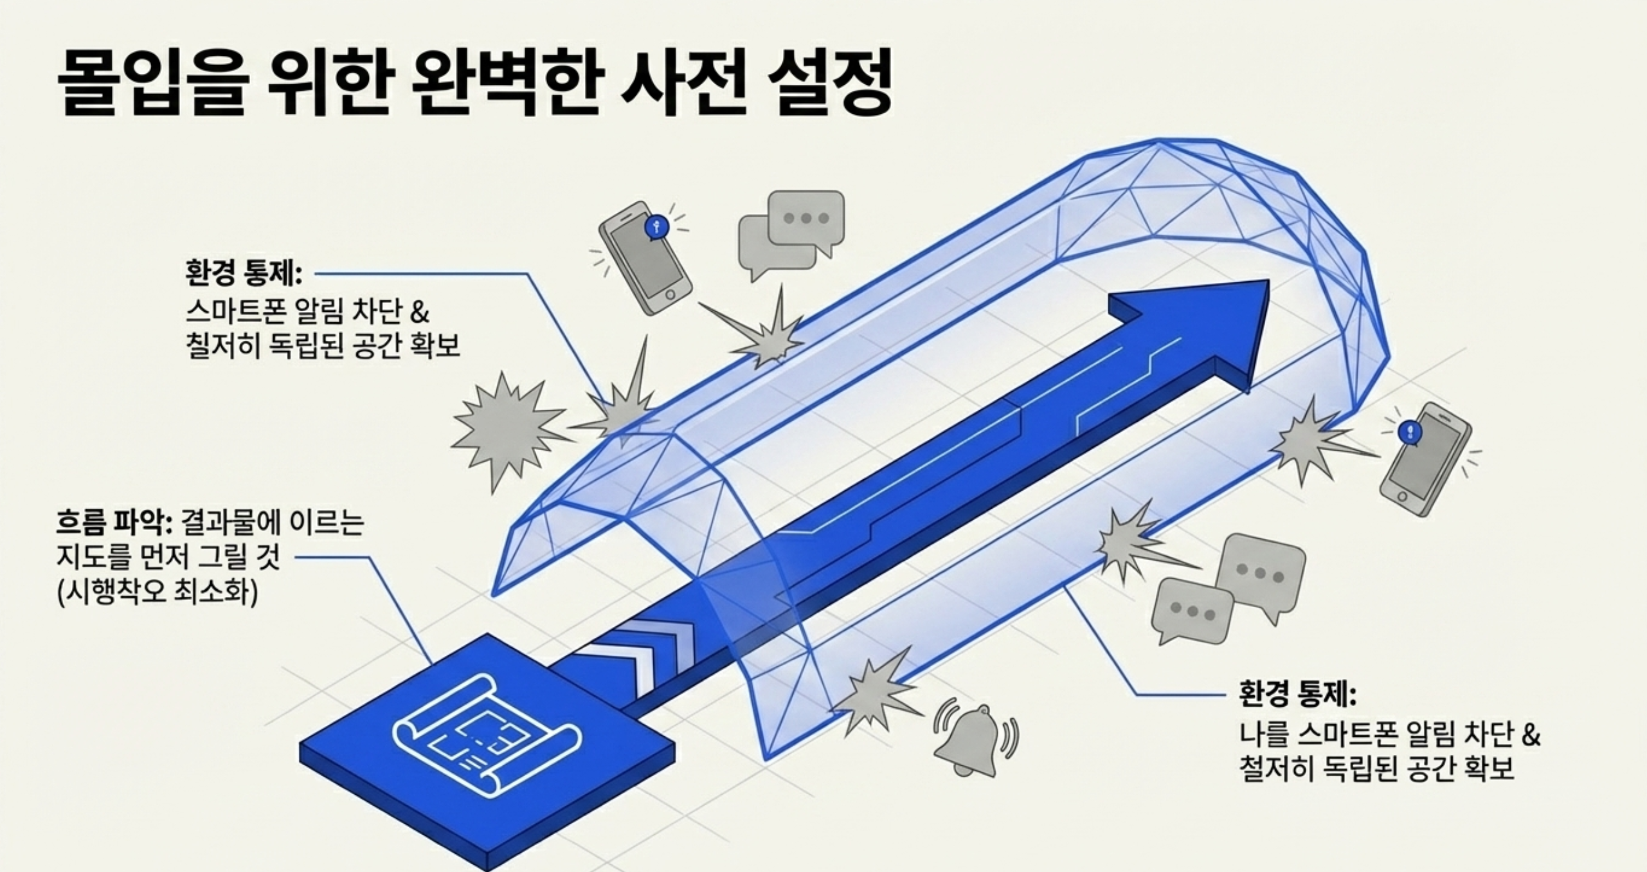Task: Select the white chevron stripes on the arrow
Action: [x=649, y=656]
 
